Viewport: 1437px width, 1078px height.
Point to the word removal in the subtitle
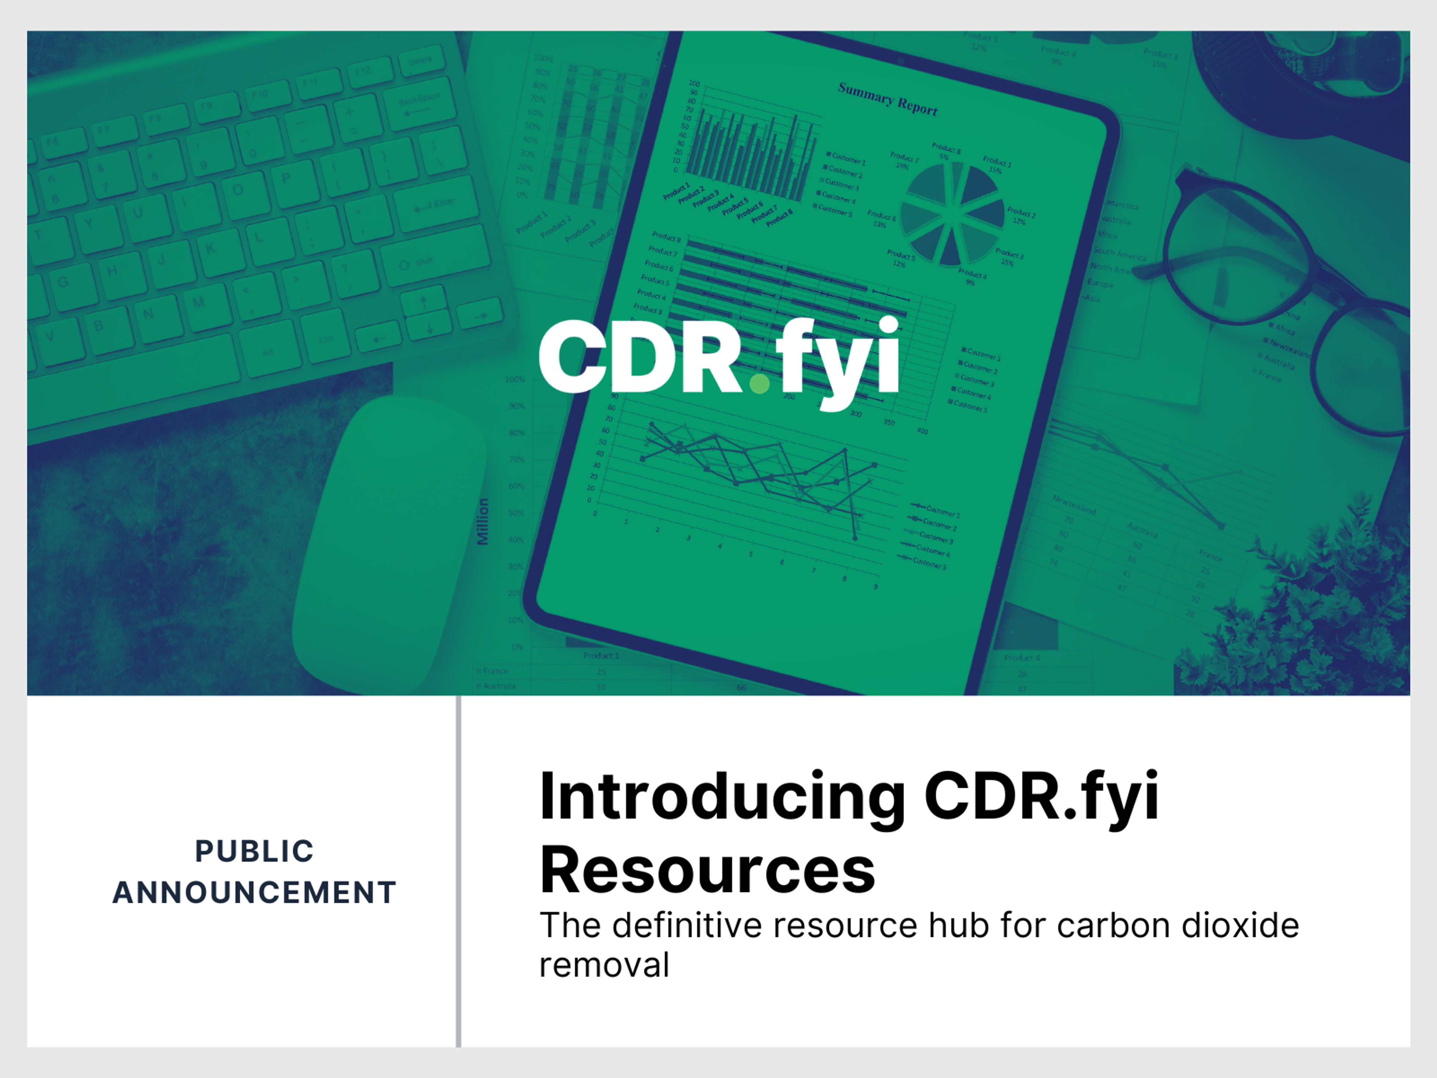604,965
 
